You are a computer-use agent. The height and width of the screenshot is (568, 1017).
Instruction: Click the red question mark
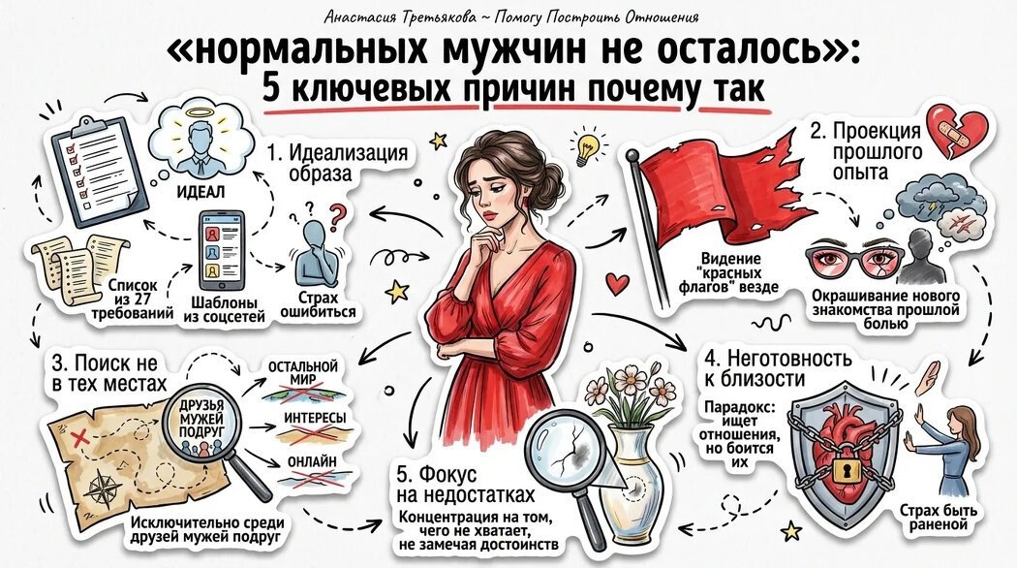tap(337, 217)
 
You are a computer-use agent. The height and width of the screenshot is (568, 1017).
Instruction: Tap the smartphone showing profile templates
tap(221, 251)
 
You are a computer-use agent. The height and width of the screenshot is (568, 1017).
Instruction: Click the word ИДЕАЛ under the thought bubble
tap(200, 192)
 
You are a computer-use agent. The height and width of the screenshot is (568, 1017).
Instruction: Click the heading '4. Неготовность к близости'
tap(778, 367)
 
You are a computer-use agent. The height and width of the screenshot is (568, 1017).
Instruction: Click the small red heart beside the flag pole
tap(618, 283)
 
